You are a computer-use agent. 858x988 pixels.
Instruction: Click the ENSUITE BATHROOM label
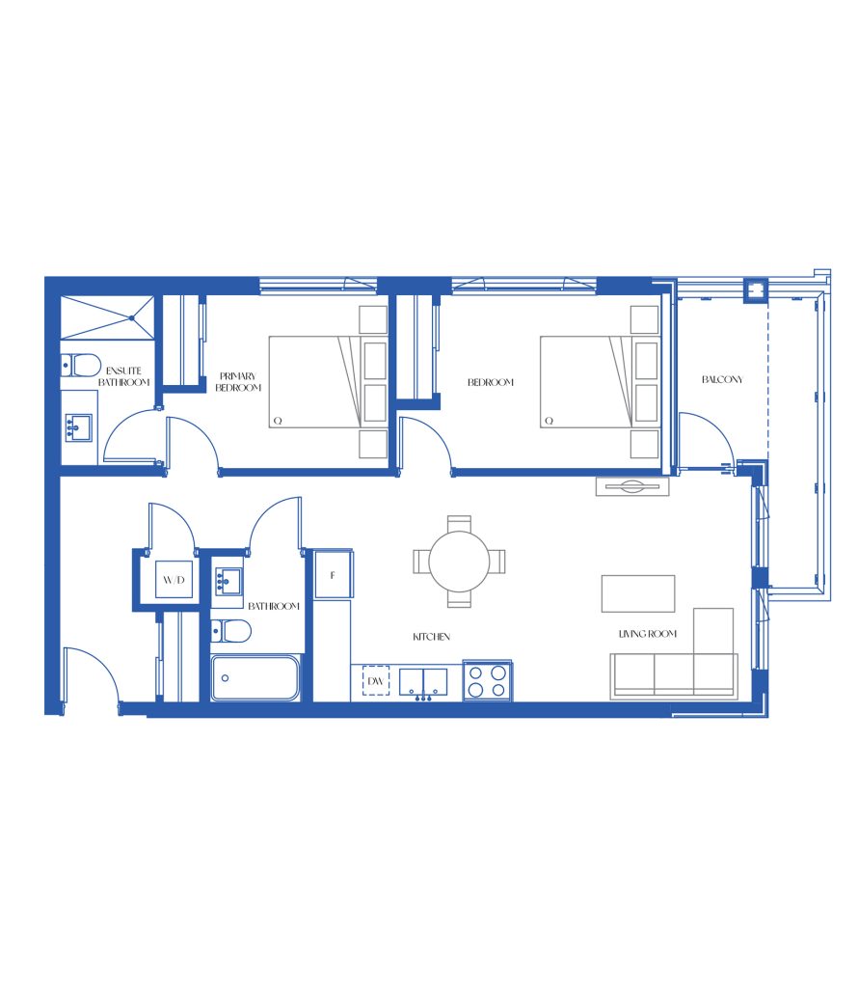point(124,376)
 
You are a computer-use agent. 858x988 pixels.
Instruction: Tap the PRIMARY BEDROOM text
point(238,382)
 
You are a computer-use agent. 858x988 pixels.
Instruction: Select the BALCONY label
point(722,379)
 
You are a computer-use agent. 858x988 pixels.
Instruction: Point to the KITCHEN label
point(431,637)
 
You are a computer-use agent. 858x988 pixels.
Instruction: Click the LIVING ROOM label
point(647,634)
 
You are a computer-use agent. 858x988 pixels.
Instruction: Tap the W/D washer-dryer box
point(174,579)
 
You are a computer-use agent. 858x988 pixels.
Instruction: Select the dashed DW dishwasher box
point(376,680)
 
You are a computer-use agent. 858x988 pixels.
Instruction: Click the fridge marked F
point(333,574)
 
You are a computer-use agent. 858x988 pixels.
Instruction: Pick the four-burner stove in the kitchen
point(487,680)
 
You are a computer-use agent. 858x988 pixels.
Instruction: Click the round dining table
point(460,561)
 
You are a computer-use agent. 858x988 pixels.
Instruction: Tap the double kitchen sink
point(423,682)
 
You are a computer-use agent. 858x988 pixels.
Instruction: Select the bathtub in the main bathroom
point(255,678)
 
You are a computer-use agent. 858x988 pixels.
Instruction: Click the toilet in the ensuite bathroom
point(81,365)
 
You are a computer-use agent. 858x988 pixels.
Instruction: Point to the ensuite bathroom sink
point(79,427)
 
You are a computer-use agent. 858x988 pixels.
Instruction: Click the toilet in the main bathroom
point(230,630)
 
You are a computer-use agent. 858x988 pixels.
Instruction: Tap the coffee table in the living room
point(638,593)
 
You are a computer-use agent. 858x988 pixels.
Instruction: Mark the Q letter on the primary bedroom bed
point(278,421)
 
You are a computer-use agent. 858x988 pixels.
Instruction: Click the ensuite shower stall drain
point(131,318)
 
